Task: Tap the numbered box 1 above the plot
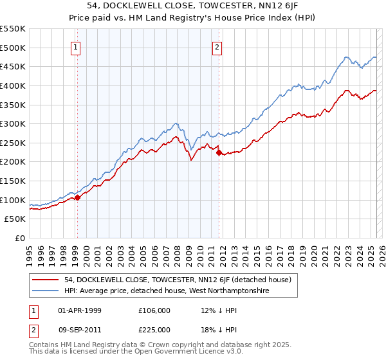(x=77, y=47)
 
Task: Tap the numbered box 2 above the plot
(x=217, y=47)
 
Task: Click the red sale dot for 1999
(x=77, y=198)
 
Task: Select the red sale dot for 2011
(x=219, y=152)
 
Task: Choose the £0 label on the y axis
(x=20, y=239)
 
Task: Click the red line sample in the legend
(x=46, y=280)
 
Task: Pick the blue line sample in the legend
(x=46, y=291)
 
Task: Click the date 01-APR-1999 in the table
(x=80, y=310)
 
